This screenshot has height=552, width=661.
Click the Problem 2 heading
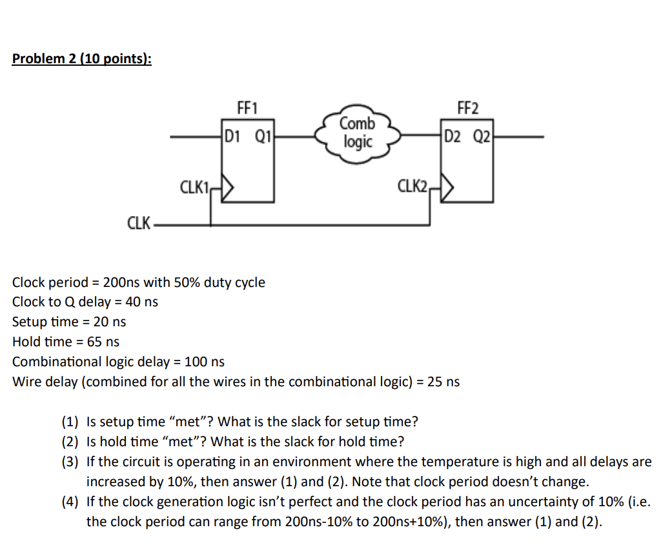82,59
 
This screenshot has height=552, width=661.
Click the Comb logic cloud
357,132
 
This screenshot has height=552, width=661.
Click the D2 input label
453,137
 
